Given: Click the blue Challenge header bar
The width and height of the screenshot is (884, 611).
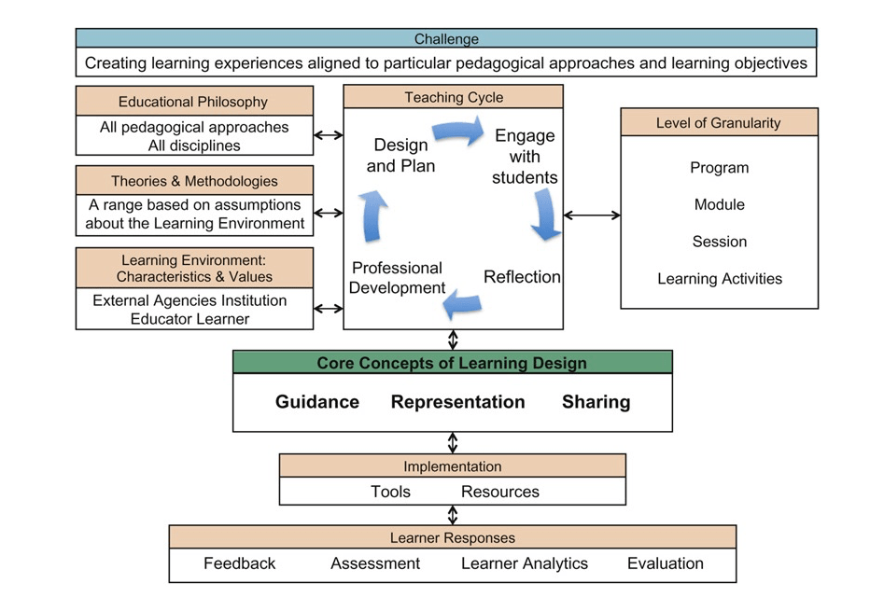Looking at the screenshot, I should [445, 39].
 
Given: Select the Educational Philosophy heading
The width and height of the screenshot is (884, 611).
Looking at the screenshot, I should [193, 102].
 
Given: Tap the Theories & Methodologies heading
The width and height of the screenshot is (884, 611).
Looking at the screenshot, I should [194, 181].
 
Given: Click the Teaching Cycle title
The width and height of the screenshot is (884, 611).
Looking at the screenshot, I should [454, 97].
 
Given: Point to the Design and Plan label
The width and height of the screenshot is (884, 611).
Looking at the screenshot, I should [400, 155].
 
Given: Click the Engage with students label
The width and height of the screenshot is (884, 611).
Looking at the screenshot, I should [525, 156].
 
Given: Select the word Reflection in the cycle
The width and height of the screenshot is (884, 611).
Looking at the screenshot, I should [522, 276].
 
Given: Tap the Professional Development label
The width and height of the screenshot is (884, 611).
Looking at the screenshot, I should [398, 277].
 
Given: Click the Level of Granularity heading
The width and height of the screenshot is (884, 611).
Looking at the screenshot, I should [718, 122].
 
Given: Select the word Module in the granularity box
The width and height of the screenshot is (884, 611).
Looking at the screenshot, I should [719, 204].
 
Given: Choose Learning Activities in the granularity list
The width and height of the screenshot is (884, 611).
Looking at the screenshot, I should [719, 278].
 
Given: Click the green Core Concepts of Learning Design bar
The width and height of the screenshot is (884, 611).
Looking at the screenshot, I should [452, 363].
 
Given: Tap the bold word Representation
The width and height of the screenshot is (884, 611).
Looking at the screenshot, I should [457, 402].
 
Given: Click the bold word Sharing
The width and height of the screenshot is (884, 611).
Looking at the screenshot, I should [596, 402].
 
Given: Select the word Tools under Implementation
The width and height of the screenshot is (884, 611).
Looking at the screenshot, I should [390, 492].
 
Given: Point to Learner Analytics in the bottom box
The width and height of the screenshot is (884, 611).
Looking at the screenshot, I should [525, 563].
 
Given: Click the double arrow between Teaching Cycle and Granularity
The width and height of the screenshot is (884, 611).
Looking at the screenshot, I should [592, 215].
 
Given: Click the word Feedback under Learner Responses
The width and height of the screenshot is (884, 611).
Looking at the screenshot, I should [240, 563].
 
